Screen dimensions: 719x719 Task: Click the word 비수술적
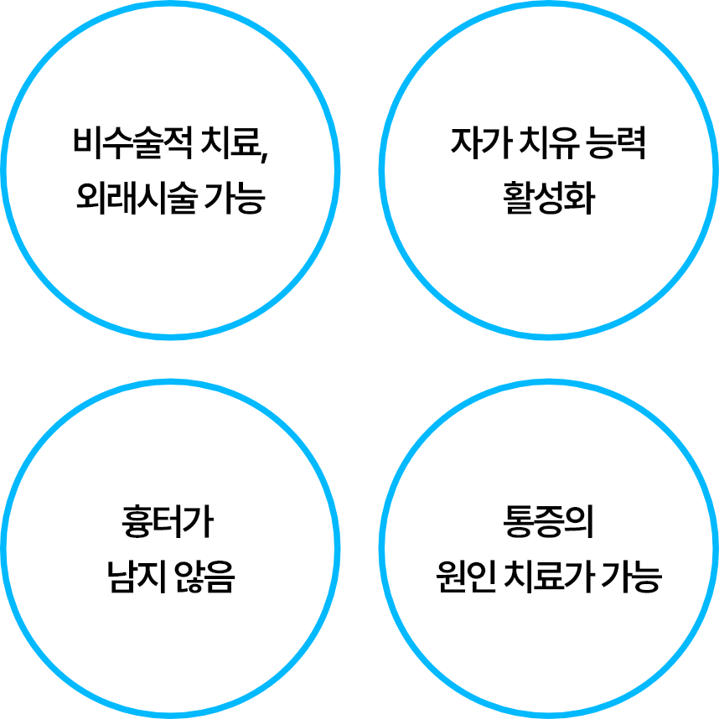[x=132, y=144]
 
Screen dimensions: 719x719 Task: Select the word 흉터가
[x=169, y=524]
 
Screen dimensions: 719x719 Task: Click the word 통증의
[x=549, y=524]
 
